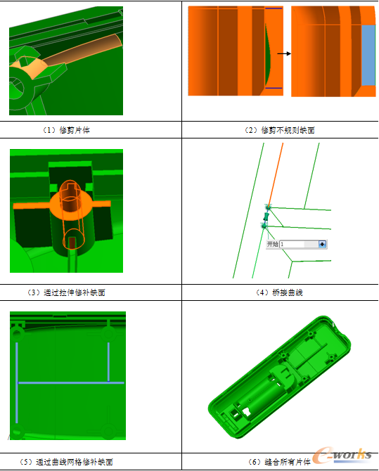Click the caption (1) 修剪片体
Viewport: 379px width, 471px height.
pyautogui.click(x=66, y=130)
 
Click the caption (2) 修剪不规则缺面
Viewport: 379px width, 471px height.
pyautogui.click(x=280, y=130)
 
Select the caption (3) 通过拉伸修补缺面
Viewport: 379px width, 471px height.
pyautogui.click(x=66, y=292)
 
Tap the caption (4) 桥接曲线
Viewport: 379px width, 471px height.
pyautogui.click(x=280, y=292)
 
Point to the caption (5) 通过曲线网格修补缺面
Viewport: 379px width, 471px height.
pyautogui.click(x=66, y=462)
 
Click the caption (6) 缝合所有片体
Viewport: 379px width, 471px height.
pyautogui.click(x=279, y=462)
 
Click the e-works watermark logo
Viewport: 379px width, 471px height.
pyautogui.click(x=342, y=456)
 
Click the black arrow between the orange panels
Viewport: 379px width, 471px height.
pyautogui.click(x=284, y=53)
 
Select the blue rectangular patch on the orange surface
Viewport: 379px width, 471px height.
pyautogui.click(x=368, y=56)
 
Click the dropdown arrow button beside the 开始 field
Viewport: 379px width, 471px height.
pyautogui.click(x=322, y=244)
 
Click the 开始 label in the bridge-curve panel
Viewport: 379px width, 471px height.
pyautogui.click(x=273, y=244)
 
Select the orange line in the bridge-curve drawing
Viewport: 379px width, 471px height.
pyautogui.click(x=276, y=175)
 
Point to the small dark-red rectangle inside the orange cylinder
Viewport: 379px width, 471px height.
pyautogui.click(x=72, y=243)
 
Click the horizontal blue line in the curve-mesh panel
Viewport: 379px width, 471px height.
pyautogui.click(x=71, y=382)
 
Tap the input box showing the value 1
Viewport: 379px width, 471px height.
pyautogui.click(x=299, y=244)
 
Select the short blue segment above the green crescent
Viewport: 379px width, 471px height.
pyautogui.click(x=274, y=8)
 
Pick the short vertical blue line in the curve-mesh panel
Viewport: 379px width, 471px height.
pyautogui.click(x=108, y=361)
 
